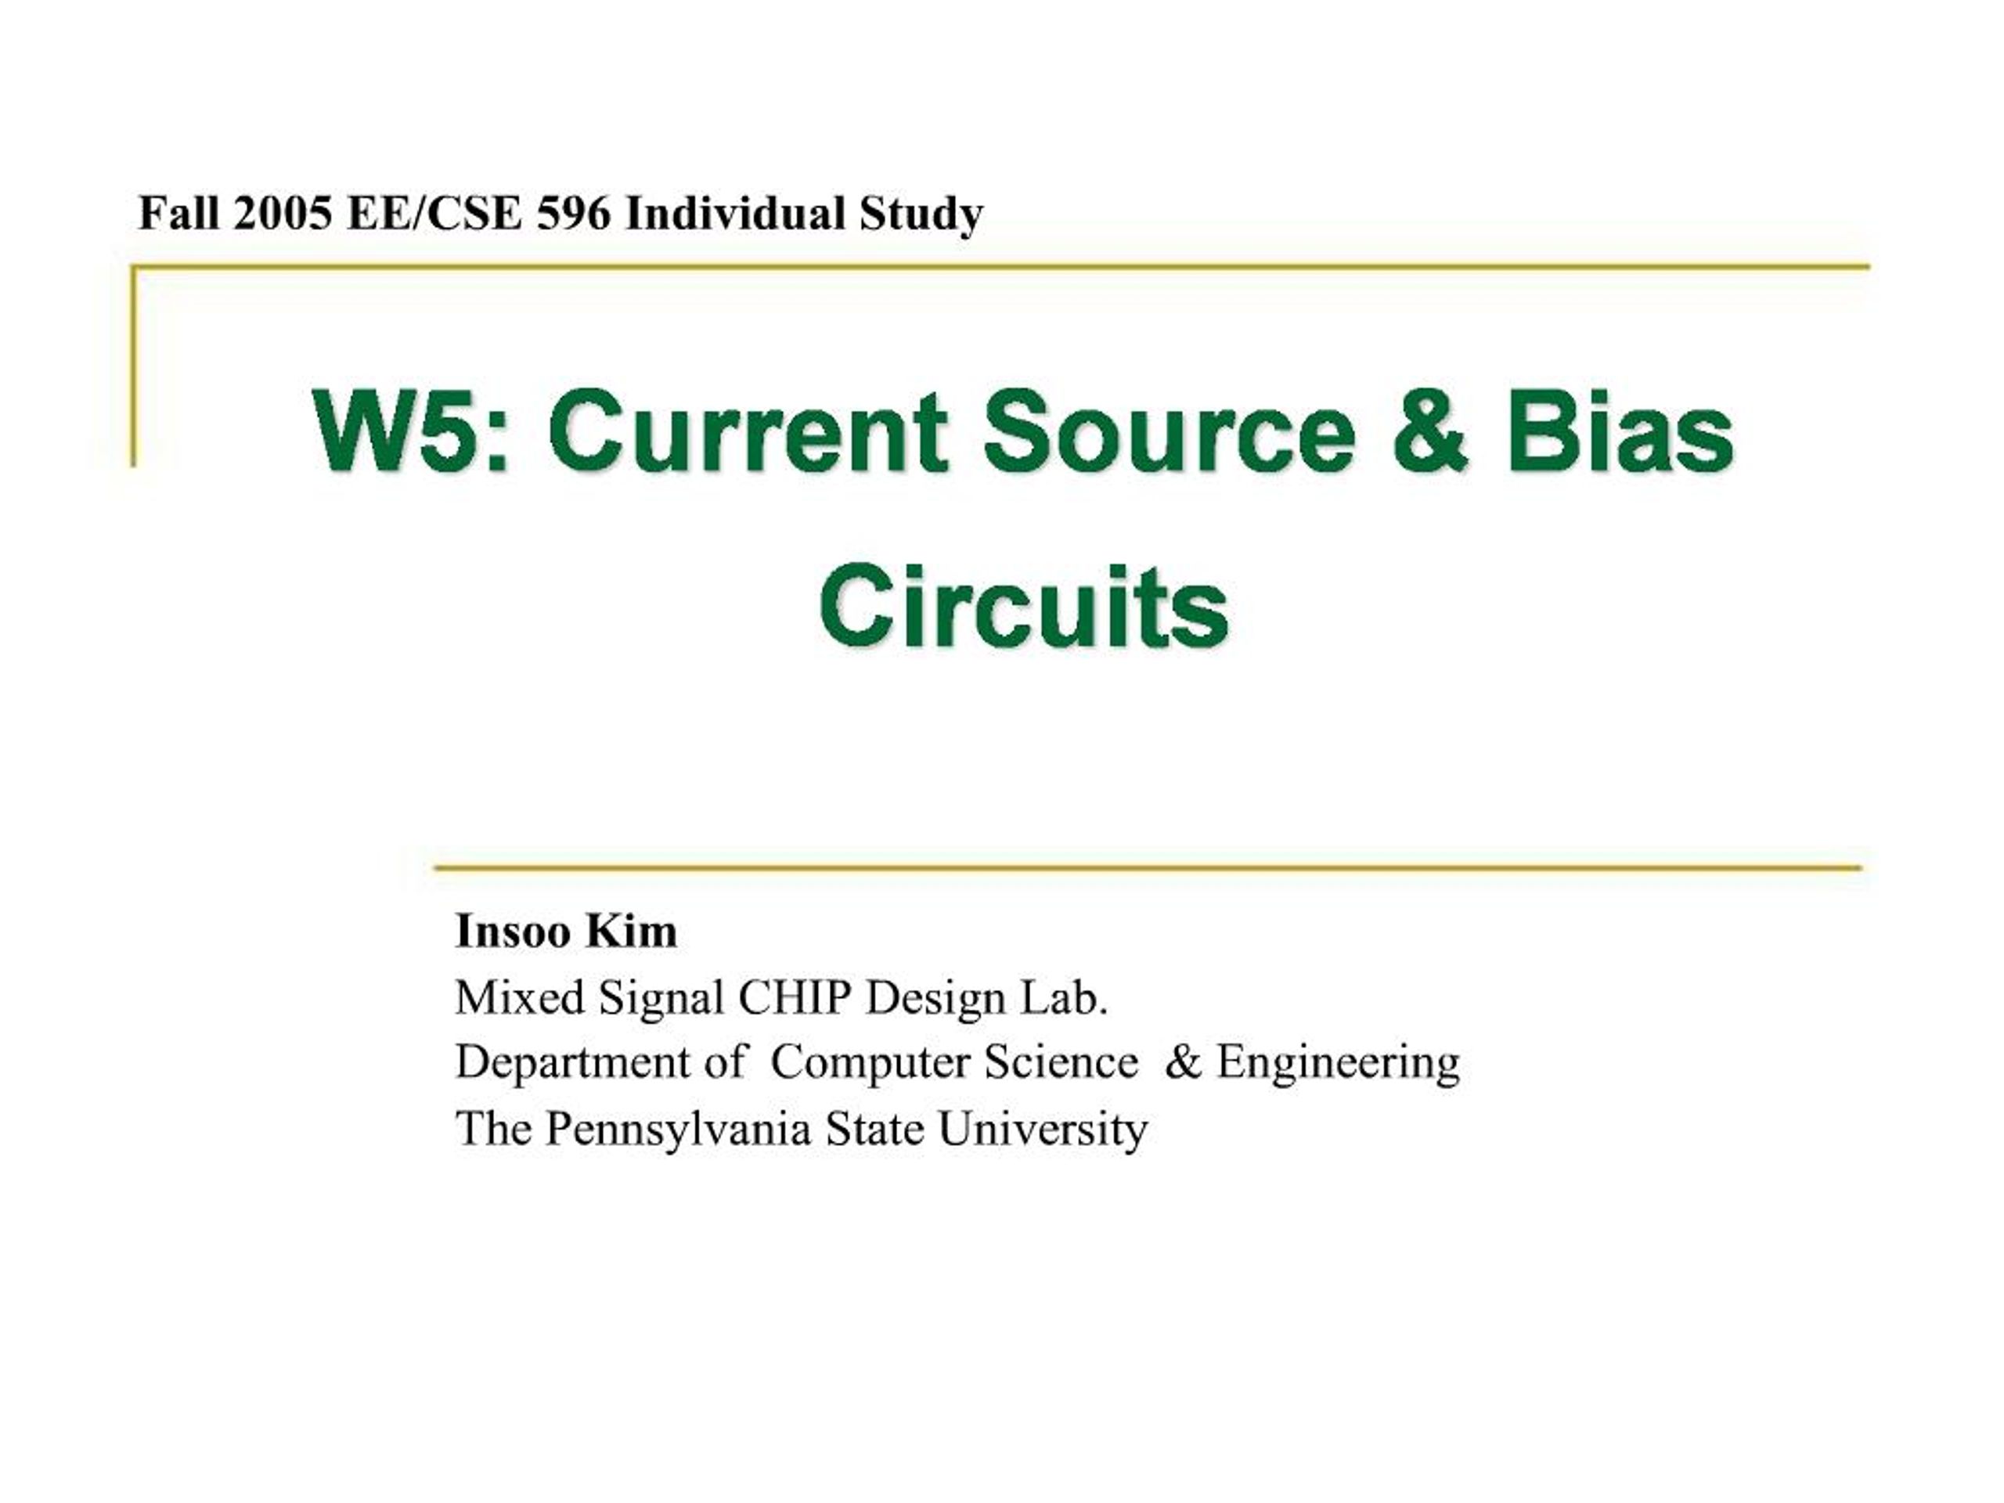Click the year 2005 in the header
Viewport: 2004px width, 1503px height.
(x=282, y=214)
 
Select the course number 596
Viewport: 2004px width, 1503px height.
(x=575, y=214)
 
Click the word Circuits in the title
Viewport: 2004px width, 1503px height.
(x=1024, y=604)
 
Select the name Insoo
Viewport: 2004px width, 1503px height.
(x=514, y=932)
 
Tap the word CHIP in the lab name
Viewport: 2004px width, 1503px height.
(x=795, y=998)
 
